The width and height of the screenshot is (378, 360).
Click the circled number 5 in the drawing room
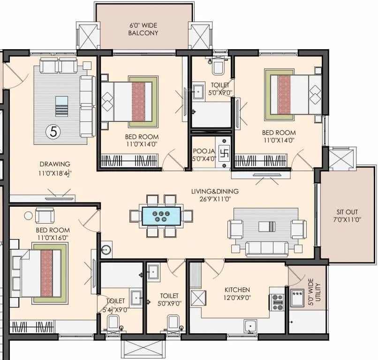(x=53, y=132)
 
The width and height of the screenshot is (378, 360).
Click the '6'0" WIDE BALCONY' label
(x=143, y=29)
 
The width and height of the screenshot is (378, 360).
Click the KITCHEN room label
(x=237, y=290)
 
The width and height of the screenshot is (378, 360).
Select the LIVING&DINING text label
(x=214, y=191)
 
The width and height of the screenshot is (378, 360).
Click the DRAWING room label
(x=55, y=164)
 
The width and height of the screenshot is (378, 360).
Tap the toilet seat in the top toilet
(x=218, y=67)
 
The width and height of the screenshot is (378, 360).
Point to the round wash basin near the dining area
(x=106, y=250)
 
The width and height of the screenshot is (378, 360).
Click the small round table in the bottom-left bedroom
(x=29, y=215)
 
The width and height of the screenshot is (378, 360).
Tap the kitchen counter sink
(x=251, y=325)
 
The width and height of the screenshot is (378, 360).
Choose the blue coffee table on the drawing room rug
(x=61, y=106)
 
